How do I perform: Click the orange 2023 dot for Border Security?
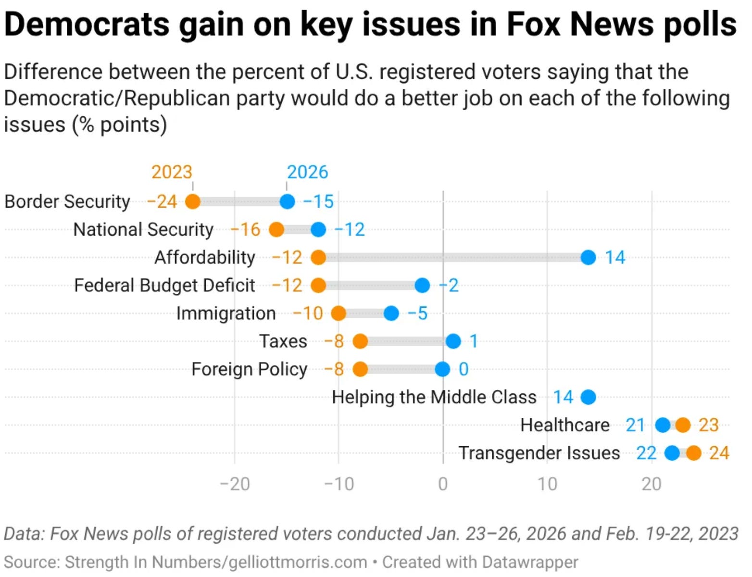click(192, 201)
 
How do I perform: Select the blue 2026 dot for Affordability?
click(588, 257)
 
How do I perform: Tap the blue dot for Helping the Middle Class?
click(588, 397)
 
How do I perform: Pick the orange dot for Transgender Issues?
click(693, 453)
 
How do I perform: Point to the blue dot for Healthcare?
click(663, 425)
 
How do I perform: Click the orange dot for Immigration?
click(338, 314)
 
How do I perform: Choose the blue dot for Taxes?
click(453, 341)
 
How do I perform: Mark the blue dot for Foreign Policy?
click(442, 369)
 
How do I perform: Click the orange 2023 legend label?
click(172, 172)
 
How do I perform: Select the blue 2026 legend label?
click(307, 172)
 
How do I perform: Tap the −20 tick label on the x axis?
click(235, 484)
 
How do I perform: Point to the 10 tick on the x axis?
click(547, 484)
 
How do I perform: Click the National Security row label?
click(143, 229)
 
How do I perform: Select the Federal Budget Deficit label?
click(164, 285)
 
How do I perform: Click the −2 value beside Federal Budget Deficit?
click(449, 285)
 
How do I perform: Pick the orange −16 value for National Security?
click(246, 229)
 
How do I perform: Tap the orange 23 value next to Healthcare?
click(709, 425)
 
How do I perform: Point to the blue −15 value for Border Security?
click(318, 201)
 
